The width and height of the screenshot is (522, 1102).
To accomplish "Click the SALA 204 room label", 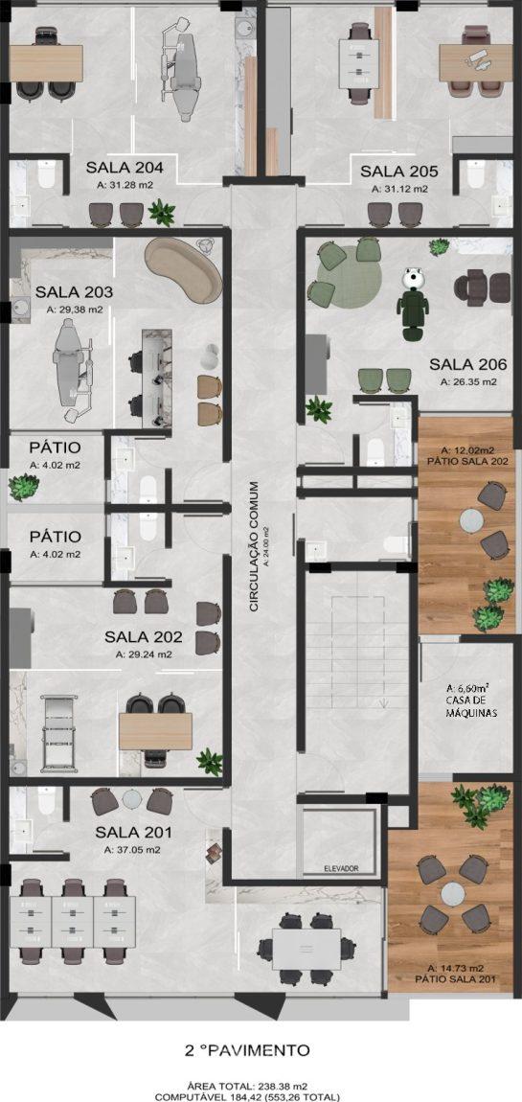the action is click(125, 169).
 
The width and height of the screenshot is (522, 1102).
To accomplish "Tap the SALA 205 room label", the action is click(399, 172).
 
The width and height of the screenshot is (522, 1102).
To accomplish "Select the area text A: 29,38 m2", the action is click(74, 310).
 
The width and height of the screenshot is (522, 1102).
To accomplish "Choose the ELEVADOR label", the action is click(341, 869).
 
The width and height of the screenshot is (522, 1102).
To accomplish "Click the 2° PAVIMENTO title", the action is click(246, 1050).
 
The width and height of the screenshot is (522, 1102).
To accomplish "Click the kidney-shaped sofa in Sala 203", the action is click(183, 267).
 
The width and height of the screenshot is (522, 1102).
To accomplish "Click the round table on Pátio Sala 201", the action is click(453, 894).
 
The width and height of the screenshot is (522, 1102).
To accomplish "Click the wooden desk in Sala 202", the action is click(155, 731).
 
